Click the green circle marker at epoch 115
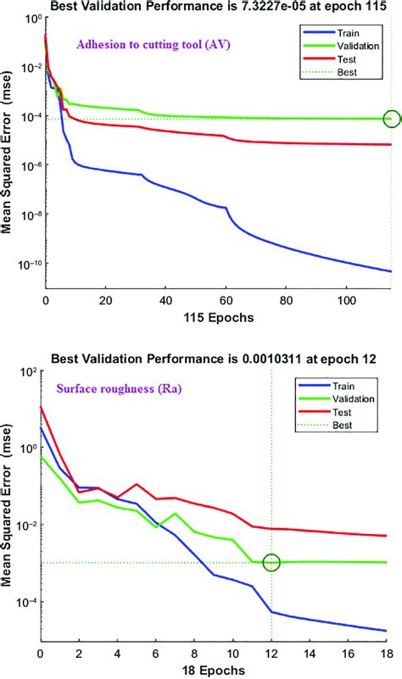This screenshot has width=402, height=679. point(391,119)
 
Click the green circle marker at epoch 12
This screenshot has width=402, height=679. point(271,562)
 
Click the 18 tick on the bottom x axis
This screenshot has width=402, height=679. point(387,654)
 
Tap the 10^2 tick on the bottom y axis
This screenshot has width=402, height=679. point(26,372)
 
